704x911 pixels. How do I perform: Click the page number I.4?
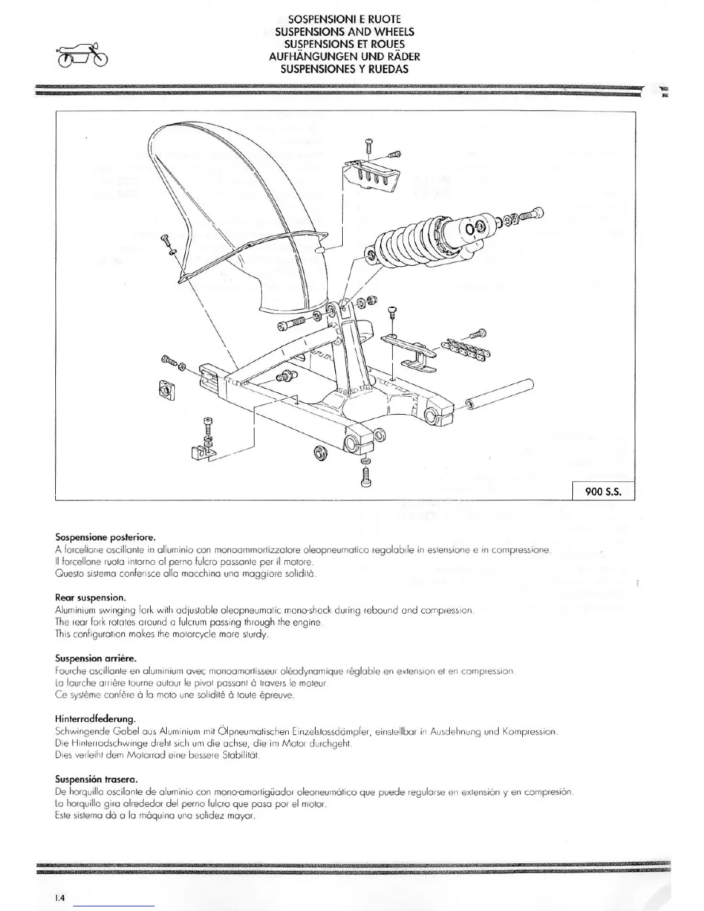[60, 897]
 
